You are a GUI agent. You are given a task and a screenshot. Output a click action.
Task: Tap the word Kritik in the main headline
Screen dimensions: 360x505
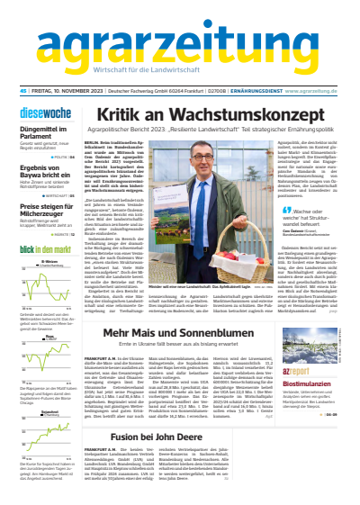coord(138,115)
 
